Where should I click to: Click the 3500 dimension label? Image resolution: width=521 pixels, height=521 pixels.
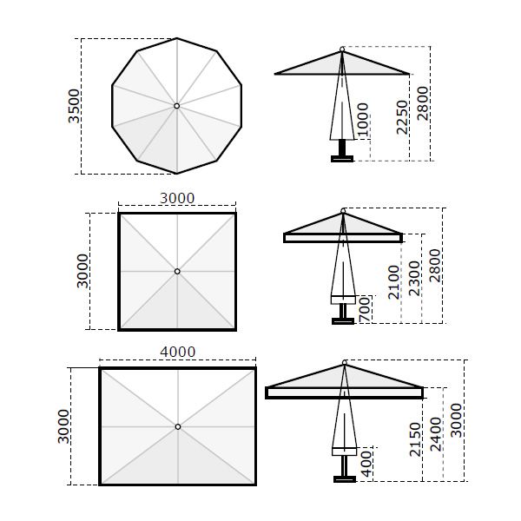pos(74,106)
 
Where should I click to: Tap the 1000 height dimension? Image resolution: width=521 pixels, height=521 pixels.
pos(362,120)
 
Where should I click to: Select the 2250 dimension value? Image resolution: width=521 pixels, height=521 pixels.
pos(402,117)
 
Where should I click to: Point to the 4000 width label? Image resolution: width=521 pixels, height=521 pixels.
pos(178,352)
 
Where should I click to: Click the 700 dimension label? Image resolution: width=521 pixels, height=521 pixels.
pos(365,309)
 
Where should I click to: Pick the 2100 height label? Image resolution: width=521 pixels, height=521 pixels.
pos(393,282)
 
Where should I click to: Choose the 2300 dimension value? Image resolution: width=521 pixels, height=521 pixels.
pos(414,279)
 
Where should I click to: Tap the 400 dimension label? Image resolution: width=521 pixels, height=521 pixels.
pos(366,465)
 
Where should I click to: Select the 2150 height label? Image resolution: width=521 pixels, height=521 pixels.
pos(415,439)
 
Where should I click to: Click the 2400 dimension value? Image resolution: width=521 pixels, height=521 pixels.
pos(436,434)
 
